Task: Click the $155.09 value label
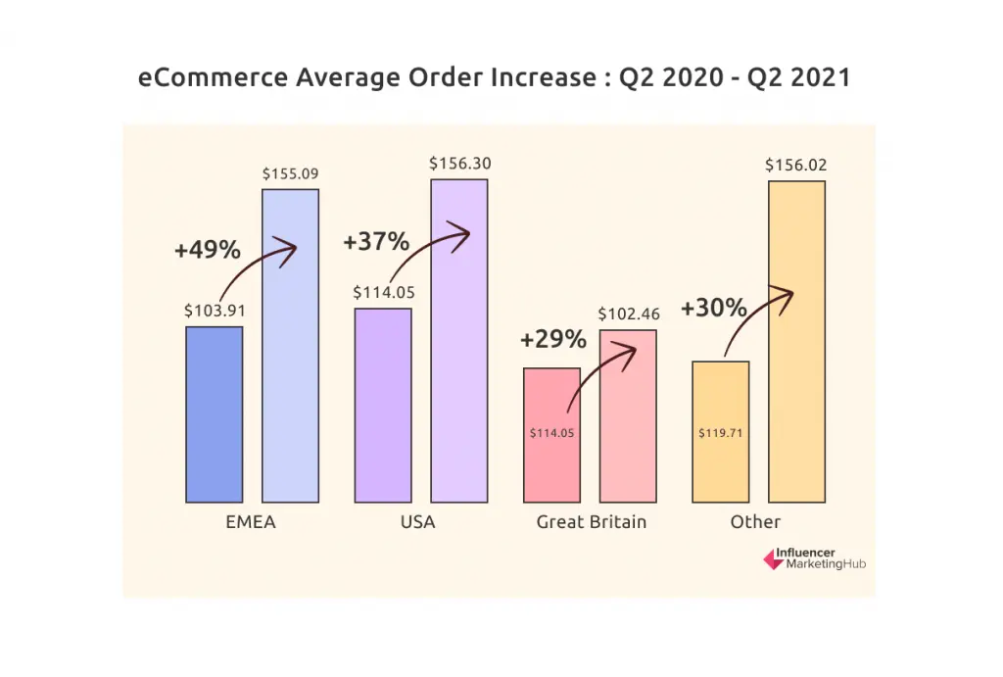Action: pos(290,174)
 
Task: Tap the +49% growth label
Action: pos(207,250)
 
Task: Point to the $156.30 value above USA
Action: pos(459,164)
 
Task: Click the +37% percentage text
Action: pos(376,241)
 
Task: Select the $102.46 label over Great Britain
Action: pos(629,314)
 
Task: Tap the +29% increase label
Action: pos(553,340)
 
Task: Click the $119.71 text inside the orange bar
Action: pos(721,432)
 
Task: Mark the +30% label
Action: pos(713,308)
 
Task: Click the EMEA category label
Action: pos(251,522)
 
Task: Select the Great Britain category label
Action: pos(592,522)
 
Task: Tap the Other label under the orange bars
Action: pos(755,522)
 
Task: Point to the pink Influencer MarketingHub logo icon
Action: pos(771,558)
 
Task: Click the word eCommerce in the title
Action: pos(210,78)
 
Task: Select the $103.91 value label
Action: pos(215,311)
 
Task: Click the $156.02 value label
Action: pos(796,165)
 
